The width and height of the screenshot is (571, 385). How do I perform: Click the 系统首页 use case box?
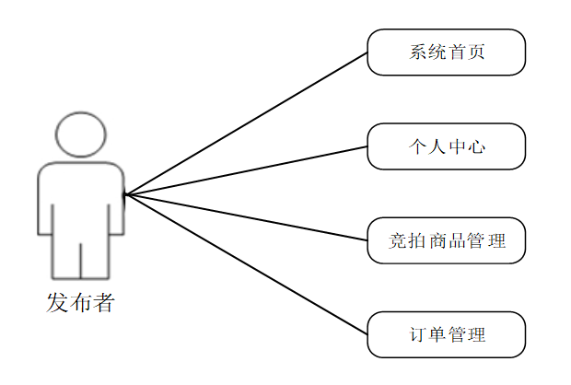446,52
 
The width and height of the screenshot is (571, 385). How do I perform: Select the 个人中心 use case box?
446,146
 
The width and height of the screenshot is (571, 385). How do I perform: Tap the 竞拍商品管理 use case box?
446,240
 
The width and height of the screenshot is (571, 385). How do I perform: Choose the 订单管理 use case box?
446,334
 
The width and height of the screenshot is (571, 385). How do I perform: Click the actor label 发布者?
80,302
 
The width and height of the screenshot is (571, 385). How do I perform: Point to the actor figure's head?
80,134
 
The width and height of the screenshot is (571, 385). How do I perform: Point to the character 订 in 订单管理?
417,334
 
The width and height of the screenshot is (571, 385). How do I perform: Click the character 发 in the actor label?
57,302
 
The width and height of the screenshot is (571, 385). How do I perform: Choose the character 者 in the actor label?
103,302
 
